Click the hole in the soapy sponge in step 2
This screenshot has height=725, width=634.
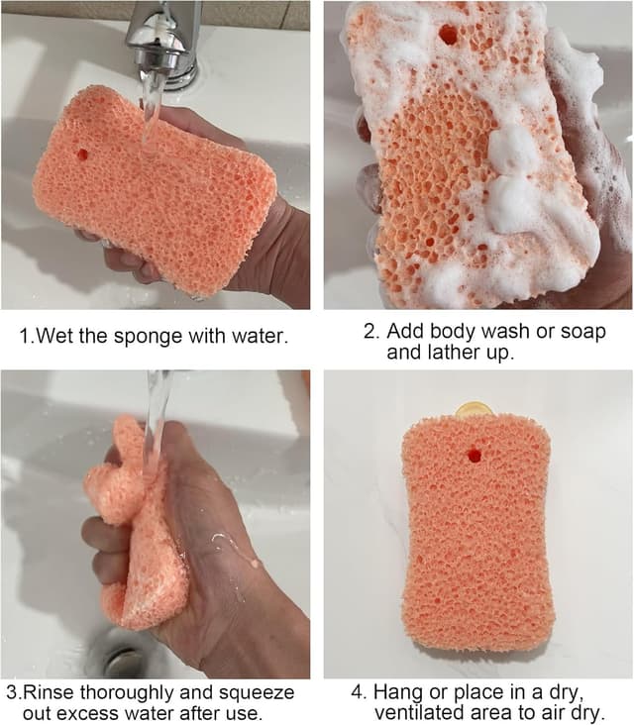pos(448,34)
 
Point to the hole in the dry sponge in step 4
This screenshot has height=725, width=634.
pos(474,456)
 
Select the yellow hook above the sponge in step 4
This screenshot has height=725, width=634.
pos(475,408)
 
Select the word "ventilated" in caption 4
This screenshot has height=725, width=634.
pos(421,712)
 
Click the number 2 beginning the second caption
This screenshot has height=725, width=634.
pos(367,331)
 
